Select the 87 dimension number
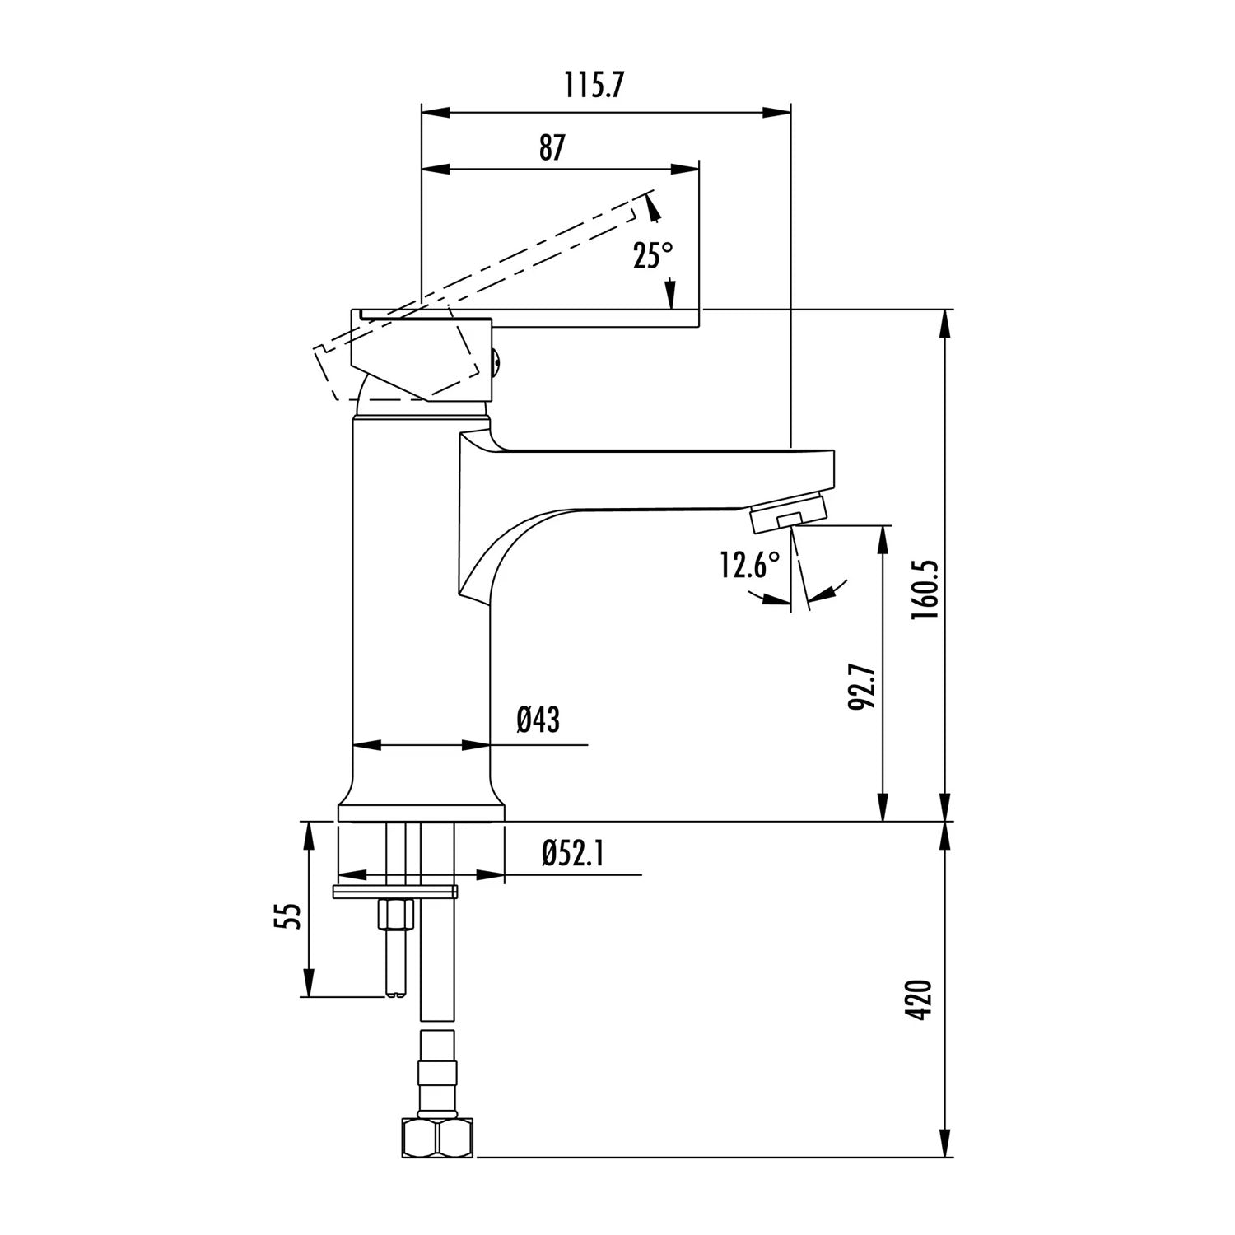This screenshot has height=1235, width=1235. tap(552, 148)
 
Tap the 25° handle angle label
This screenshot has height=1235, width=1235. tap(653, 256)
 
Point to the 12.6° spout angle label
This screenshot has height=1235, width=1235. tap(749, 566)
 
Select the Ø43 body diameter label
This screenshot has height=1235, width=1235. tap(538, 720)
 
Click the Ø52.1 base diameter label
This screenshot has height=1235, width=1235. tap(574, 855)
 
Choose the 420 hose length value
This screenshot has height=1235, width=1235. tap(921, 1000)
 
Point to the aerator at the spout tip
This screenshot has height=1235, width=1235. tap(788, 513)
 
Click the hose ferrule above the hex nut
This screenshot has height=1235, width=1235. tap(438, 1074)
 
